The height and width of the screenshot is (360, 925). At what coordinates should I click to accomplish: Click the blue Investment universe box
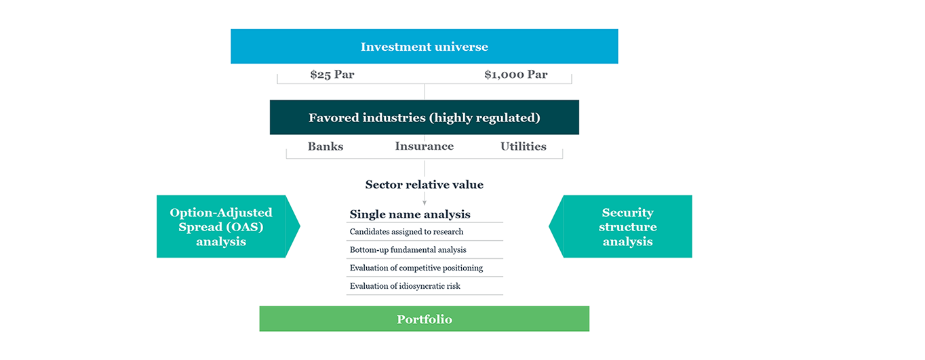424,46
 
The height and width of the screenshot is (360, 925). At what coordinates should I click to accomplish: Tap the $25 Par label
332,75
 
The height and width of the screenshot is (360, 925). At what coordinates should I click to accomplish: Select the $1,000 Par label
516,75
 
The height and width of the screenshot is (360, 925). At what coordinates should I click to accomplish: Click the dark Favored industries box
424,117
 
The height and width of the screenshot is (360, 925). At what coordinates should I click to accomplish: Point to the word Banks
326,146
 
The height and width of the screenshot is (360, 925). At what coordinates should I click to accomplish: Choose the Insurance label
424,146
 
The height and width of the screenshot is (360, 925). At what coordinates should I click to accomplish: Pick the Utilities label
524,146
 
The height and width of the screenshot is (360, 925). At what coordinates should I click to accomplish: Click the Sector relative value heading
424,184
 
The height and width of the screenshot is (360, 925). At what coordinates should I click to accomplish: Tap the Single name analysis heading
410,214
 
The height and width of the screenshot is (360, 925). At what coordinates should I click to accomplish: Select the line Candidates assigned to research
406,232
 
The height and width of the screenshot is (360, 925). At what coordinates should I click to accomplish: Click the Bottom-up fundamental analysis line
408,249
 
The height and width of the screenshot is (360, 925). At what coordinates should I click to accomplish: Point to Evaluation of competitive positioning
416,268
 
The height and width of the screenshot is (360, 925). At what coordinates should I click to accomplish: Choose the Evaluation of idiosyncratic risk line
405,286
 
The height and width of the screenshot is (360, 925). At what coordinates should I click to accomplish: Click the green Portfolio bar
424,319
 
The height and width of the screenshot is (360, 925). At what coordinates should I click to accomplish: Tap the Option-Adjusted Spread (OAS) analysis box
228,226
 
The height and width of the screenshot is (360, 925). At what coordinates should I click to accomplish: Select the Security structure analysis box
621,226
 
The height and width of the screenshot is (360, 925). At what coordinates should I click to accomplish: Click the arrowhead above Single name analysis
424,203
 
